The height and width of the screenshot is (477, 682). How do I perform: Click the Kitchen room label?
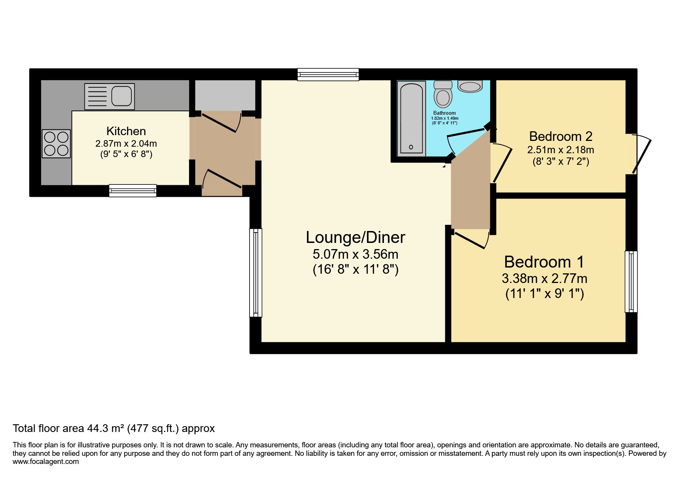click(x=126, y=131)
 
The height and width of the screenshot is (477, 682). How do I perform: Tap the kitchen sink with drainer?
click(x=109, y=96)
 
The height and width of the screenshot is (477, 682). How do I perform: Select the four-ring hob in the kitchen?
click(x=56, y=144)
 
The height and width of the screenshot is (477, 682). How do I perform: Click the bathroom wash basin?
click(x=470, y=87)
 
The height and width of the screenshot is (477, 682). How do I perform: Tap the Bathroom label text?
click(x=444, y=113)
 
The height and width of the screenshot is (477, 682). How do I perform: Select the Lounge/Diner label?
click(x=355, y=238)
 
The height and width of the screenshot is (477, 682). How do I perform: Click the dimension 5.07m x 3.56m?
click(x=355, y=254)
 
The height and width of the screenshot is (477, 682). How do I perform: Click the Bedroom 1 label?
click(x=544, y=262)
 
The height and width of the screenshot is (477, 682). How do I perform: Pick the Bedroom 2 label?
click(x=560, y=137)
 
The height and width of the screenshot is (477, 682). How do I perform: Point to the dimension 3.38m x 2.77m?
click(x=544, y=278)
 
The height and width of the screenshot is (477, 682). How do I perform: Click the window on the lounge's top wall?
click(x=328, y=74)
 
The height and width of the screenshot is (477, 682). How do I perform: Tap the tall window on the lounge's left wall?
click(x=256, y=273)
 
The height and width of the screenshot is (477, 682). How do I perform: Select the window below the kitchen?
click(x=132, y=191)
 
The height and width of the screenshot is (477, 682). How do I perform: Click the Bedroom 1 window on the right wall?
click(x=631, y=281)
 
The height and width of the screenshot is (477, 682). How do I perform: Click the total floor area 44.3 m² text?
click(x=114, y=428)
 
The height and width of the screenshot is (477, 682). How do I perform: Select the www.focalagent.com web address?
click(x=45, y=462)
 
